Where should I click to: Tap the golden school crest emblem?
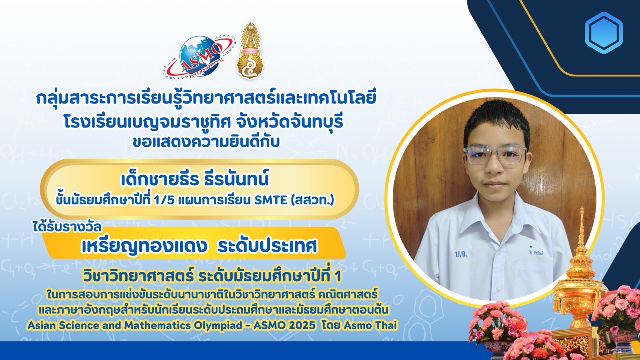point(250,51)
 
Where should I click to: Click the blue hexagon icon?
point(604,33)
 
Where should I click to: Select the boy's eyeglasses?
point(495,154)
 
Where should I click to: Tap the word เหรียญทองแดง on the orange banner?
point(144,246)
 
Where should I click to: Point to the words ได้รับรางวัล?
point(67,227)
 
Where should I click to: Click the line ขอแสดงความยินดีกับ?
point(206,142)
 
